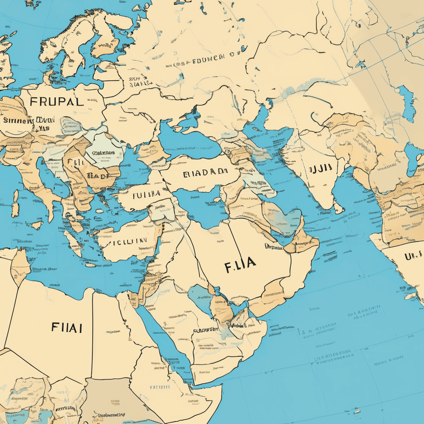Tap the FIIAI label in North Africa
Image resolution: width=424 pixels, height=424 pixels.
pos(66,328)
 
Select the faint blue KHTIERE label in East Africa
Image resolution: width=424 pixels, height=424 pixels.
pos(160,388)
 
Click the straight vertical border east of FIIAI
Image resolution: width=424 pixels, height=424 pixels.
pos(92,331)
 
